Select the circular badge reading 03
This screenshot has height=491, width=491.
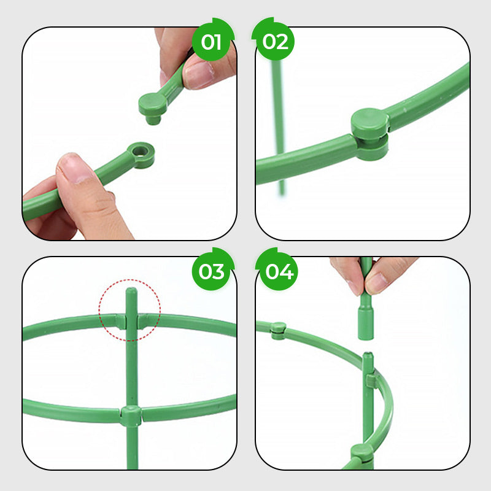[x=212, y=271]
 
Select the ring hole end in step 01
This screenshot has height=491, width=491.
[x=141, y=155]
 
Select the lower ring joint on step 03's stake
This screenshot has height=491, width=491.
[x=131, y=416]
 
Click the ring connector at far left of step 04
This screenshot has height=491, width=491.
[x=278, y=330]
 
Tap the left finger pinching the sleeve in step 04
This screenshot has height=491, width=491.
[x=350, y=273]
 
